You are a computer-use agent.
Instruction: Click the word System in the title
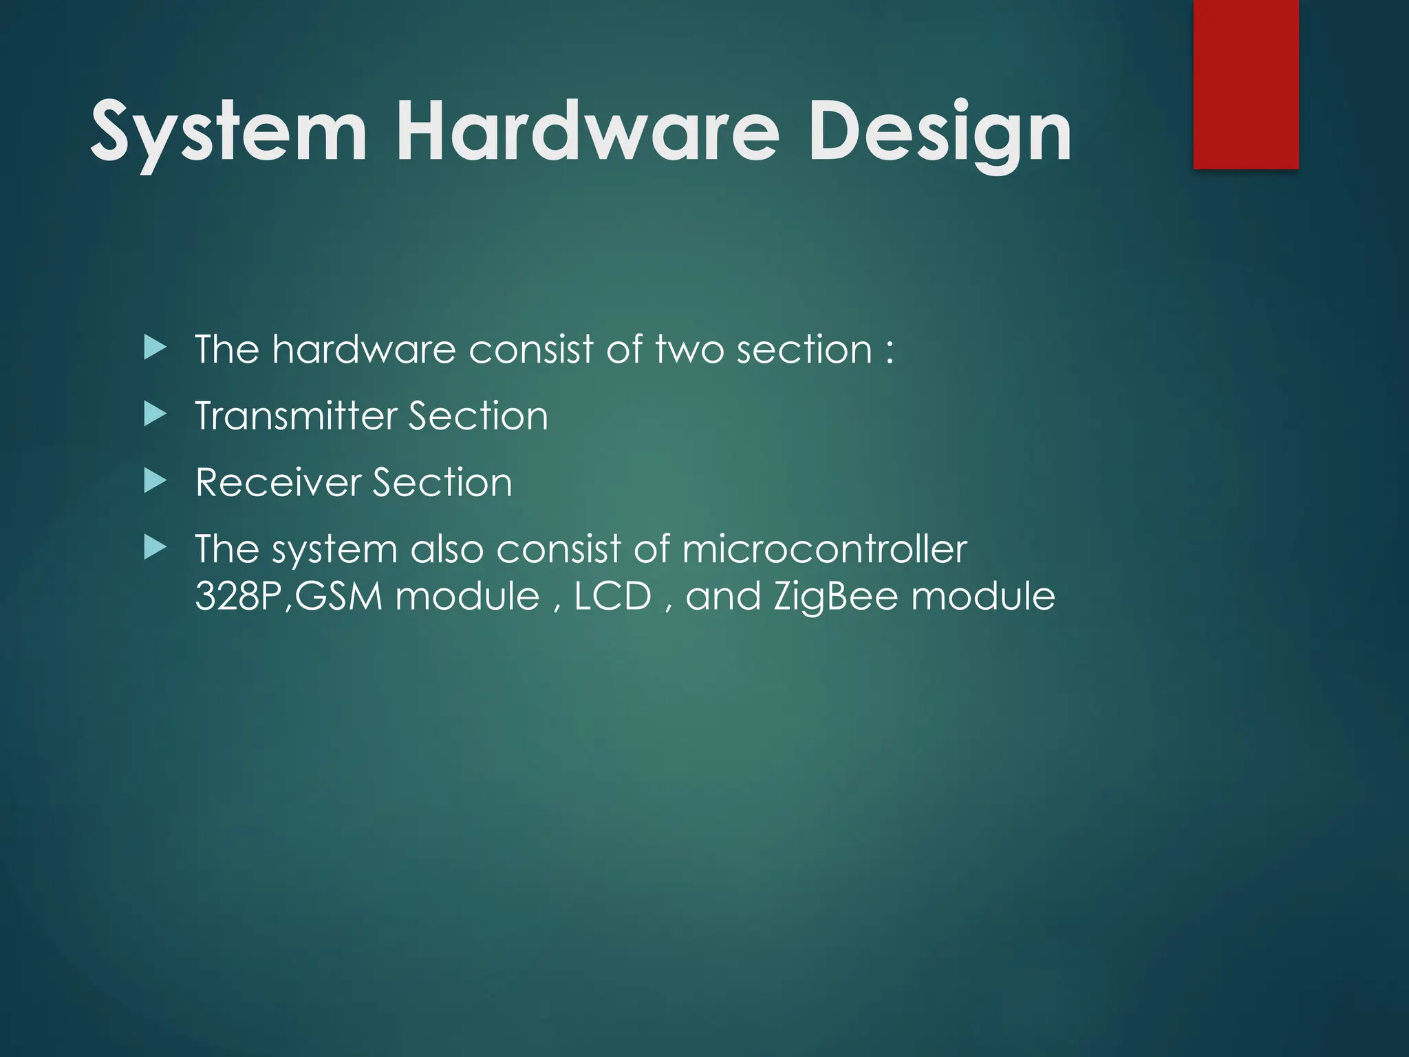pos(228,132)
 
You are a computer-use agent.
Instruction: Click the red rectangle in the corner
pos(1246,84)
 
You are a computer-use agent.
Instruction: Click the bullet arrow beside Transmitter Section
pos(155,415)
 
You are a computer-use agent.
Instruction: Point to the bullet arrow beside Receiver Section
pos(155,481)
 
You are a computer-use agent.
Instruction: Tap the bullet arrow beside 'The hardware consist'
pos(155,348)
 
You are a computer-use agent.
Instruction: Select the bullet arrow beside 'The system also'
pos(155,548)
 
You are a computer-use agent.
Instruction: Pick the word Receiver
pos(278,482)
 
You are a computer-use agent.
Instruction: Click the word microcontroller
pos(824,549)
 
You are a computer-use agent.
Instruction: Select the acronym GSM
pos(338,596)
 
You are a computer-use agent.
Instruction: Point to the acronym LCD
pos(612,596)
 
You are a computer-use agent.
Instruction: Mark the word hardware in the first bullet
pos(363,350)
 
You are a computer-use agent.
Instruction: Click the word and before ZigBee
pos(723,596)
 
